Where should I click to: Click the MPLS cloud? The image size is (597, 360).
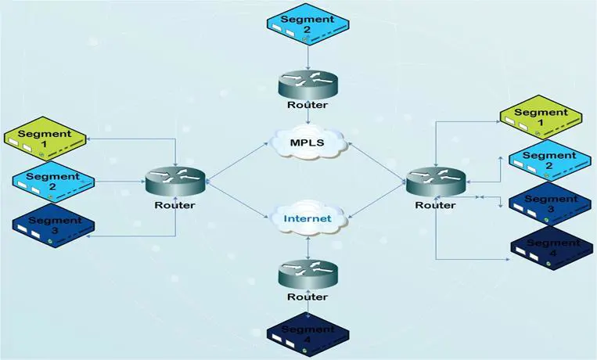(x=307, y=142)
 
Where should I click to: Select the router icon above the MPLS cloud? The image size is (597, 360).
(x=307, y=82)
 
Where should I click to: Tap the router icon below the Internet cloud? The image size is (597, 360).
(x=307, y=275)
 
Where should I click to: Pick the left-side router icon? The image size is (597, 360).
(x=174, y=182)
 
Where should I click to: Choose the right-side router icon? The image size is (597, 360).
(x=436, y=182)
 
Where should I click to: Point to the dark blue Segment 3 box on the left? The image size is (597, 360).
(x=53, y=225)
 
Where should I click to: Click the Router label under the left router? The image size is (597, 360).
(x=174, y=205)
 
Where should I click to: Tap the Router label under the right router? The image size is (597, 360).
(x=436, y=205)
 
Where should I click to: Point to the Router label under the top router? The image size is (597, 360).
(x=307, y=104)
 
